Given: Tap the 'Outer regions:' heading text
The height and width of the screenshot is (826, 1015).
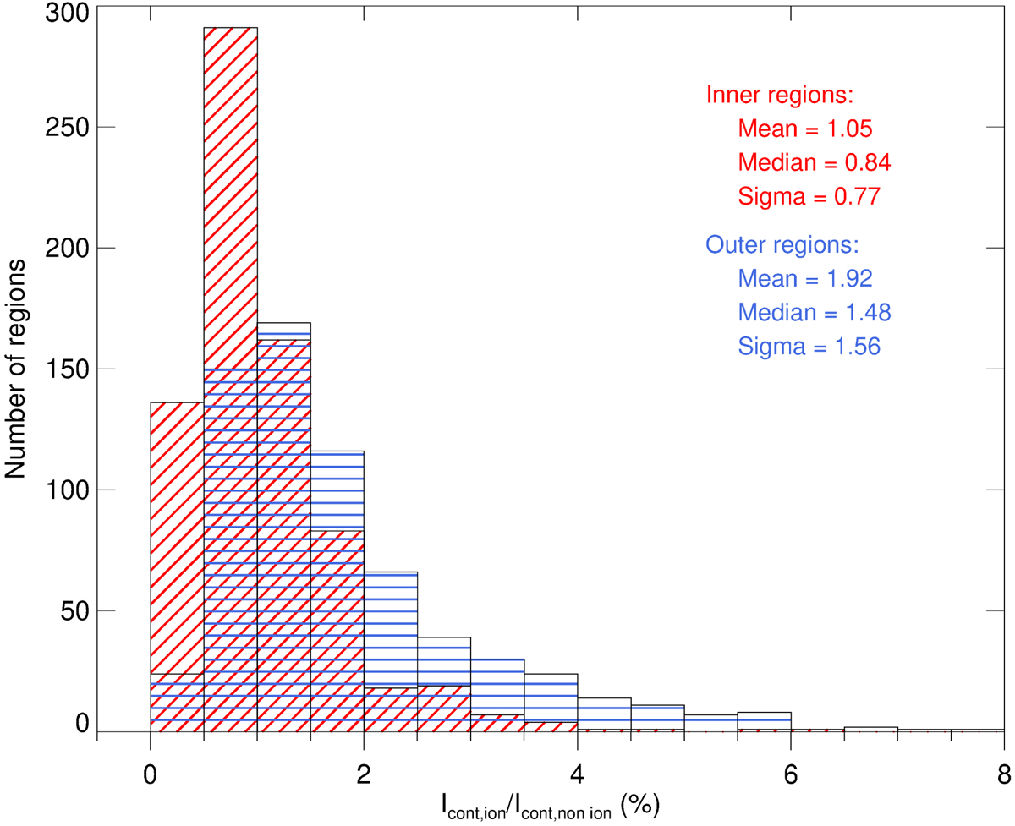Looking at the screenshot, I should click(x=782, y=245).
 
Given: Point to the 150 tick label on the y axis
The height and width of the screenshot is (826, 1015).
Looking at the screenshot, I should click(x=64, y=369).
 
